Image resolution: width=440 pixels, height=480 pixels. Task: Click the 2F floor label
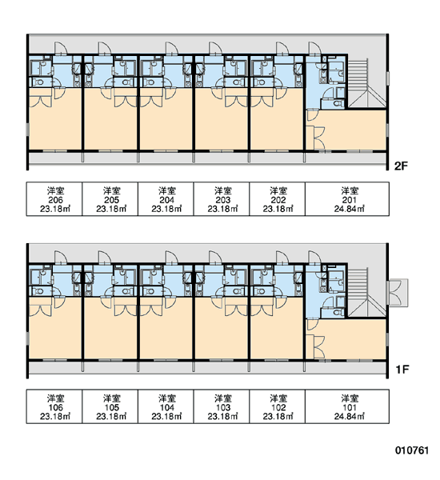click(x=401, y=166)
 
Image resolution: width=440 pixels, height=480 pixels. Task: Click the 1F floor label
click(x=402, y=370)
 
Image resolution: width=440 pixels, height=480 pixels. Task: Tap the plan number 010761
click(x=412, y=450)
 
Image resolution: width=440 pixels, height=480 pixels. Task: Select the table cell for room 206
click(x=54, y=199)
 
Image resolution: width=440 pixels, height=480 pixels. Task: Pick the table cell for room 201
click(x=347, y=199)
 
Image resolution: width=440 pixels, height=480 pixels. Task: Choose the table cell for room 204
click(x=166, y=199)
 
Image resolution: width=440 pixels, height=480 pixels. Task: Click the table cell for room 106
click(x=54, y=406)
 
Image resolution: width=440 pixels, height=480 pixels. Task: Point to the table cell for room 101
click(x=347, y=406)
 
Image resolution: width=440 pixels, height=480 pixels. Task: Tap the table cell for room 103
click(x=222, y=406)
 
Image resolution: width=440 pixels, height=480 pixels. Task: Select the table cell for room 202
click(x=277, y=199)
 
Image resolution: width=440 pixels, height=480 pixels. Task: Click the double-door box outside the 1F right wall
click(x=398, y=292)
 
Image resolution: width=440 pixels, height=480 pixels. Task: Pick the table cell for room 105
click(x=110, y=406)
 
